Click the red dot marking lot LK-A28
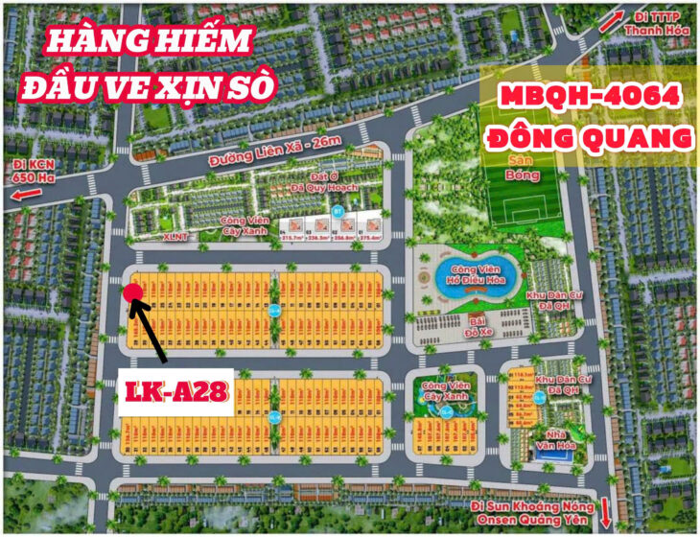pos(133,293)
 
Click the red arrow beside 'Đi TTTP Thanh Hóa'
pos(610,21)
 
